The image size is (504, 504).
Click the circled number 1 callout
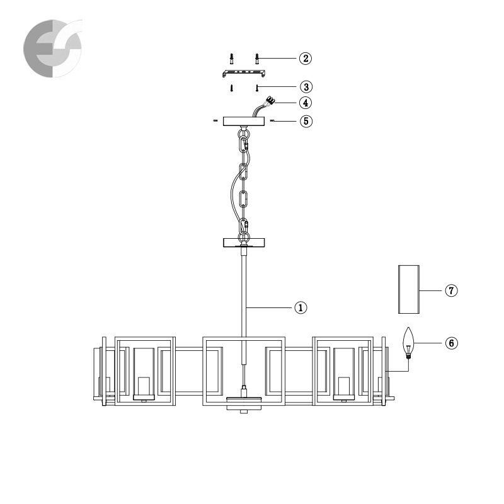[301, 307]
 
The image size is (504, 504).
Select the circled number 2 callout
[306, 58]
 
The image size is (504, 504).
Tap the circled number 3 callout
[306, 87]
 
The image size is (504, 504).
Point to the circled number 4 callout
[306, 103]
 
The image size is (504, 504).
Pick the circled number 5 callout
[306, 121]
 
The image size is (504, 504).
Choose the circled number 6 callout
[451, 343]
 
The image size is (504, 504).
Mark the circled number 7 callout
[451, 290]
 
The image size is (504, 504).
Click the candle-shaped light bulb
[408, 343]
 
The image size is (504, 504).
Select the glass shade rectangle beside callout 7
[409, 289]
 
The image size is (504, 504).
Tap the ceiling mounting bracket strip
[244, 73]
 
